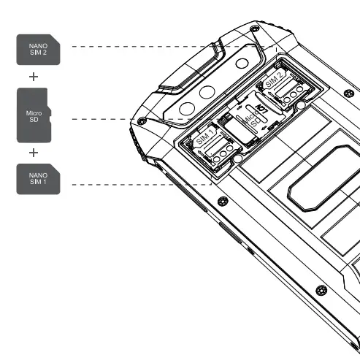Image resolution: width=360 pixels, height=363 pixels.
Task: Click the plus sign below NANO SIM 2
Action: (x=34, y=75)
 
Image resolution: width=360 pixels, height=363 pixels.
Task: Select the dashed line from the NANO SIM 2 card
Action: (x=146, y=47)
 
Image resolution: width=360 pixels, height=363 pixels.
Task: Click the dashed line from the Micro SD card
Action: (x=131, y=118)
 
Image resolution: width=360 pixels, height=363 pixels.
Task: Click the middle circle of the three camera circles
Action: (x=207, y=92)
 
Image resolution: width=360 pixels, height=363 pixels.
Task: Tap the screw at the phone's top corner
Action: (x=253, y=29)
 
